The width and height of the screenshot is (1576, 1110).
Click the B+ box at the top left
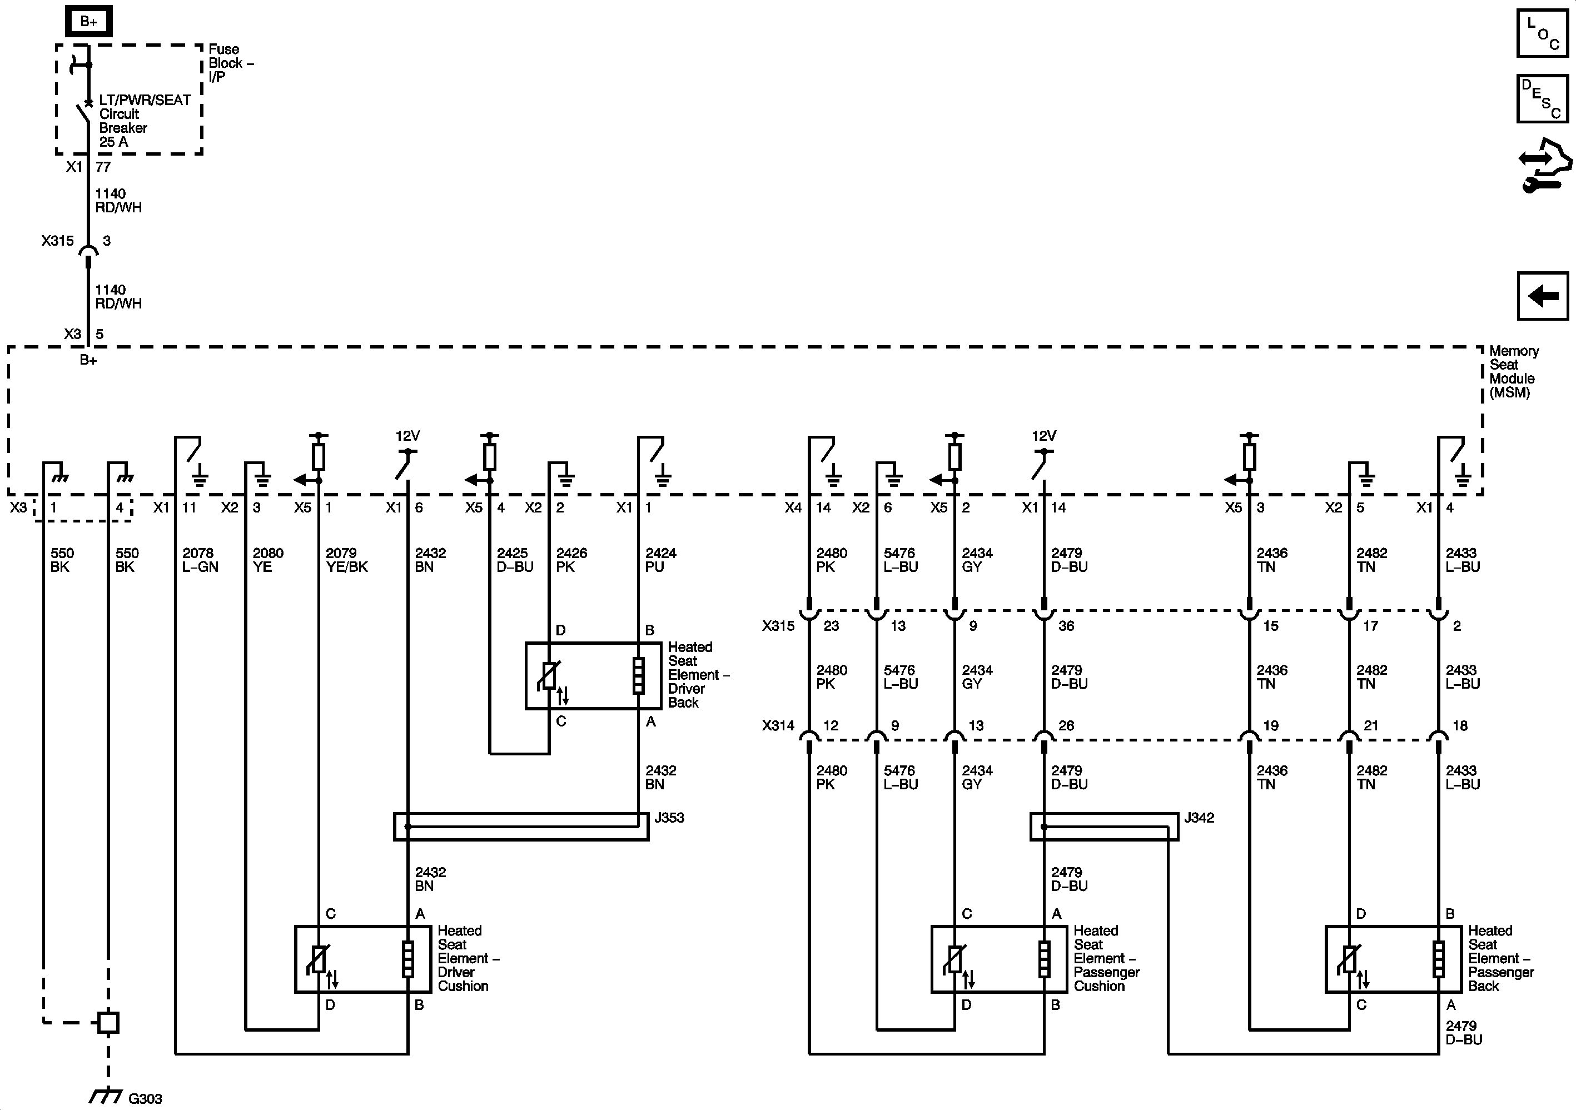pyautogui.click(x=88, y=21)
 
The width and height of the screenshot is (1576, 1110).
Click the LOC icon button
pyautogui.click(x=1542, y=33)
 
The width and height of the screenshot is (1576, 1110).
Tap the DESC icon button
pyautogui.click(x=1542, y=98)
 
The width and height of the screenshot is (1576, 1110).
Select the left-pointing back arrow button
pyautogui.click(x=1542, y=296)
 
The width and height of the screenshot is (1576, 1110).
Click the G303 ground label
pyautogui.click(x=145, y=1098)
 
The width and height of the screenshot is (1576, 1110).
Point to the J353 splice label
pyautogui.click(x=669, y=818)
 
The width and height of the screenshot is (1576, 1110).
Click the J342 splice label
pyautogui.click(x=1199, y=818)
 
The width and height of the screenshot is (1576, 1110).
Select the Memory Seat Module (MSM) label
pyautogui.click(x=1513, y=371)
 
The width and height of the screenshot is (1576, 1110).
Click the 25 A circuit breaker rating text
pyautogui.click(x=113, y=142)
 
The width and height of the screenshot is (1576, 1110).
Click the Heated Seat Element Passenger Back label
pyautogui.click(x=1500, y=958)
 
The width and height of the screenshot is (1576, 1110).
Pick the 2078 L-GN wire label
pyautogui.click(x=199, y=560)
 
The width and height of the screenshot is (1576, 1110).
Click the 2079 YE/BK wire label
pyautogui.click(x=346, y=560)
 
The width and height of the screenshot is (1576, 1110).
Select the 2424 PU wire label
pyautogui.click(x=660, y=560)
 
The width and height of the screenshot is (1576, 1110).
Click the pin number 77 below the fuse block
pyautogui.click(x=103, y=167)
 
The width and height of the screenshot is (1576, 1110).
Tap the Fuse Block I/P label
pyautogui.click(x=230, y=62)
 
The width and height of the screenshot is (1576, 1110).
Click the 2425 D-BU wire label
pyautogui.click(x=514, y=560)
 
